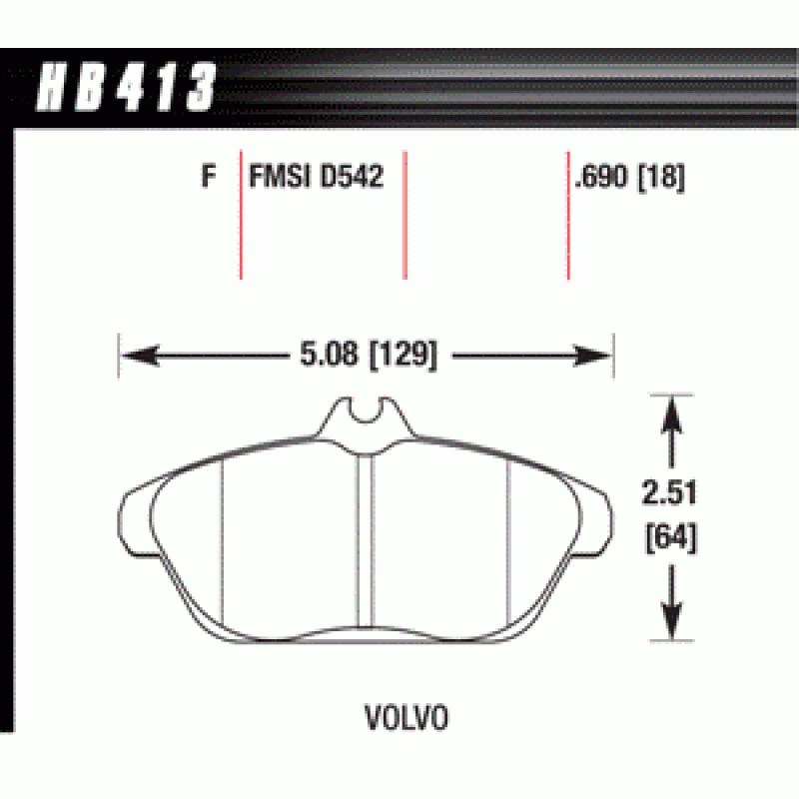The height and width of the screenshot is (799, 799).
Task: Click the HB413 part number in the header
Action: (x=127, y=87)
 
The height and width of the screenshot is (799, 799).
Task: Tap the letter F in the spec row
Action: (x=209, y=177)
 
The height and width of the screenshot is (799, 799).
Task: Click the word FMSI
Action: (x=280, y=177)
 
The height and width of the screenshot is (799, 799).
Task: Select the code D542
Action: (x=352, y=177)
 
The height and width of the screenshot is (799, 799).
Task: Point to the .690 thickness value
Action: (x=601, y=177)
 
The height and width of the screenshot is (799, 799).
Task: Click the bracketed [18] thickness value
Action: (x=661, y=178)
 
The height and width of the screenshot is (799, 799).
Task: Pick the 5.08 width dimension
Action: (x=329, y=354)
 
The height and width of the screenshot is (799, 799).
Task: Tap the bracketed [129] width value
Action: (x=403, y=356)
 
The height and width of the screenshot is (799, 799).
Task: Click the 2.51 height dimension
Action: (x=669, y=492)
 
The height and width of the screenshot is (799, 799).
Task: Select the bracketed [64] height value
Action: (x=671, y=537)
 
